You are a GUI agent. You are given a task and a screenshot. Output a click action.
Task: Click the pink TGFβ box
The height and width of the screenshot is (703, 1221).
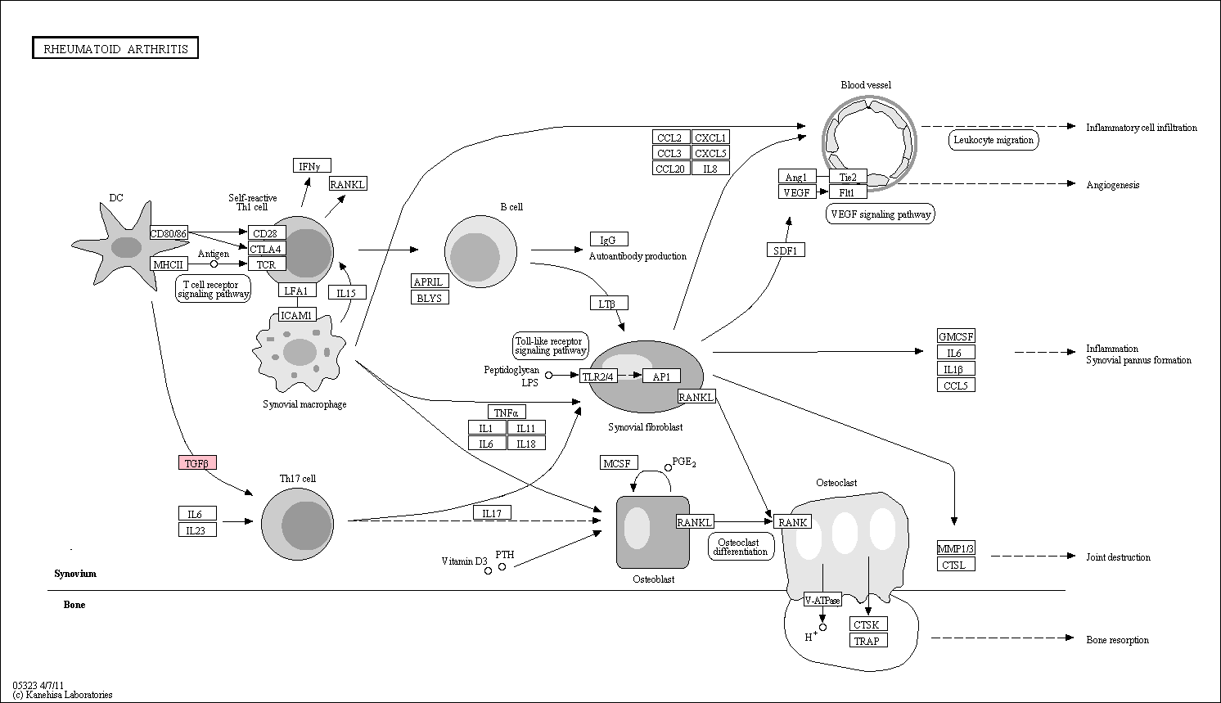(197, 462)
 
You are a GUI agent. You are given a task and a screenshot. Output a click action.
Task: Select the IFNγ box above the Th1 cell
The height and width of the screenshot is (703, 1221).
(312, 165)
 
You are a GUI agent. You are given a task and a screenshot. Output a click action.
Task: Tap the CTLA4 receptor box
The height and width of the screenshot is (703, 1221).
(267, 249)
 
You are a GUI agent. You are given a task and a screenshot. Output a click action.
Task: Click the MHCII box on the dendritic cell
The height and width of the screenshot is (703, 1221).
(169, 264)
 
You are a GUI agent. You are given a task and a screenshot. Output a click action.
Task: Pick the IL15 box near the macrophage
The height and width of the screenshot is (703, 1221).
(347, 293)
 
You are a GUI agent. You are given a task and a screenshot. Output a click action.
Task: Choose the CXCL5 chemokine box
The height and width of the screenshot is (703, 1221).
(710, 153)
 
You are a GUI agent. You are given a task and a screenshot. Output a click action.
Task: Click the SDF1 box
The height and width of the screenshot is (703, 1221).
(786, 250)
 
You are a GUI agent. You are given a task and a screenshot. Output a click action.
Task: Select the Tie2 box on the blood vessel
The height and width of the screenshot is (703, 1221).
(848, 177)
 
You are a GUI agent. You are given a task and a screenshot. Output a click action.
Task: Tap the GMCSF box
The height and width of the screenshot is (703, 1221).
(956, 336)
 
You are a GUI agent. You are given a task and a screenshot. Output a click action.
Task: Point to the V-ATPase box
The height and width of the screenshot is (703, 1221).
(822, 600)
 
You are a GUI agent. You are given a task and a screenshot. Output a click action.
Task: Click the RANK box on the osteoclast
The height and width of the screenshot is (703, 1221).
(792, 522)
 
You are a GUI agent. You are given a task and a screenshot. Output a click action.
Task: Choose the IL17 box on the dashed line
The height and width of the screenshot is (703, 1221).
(492, 513)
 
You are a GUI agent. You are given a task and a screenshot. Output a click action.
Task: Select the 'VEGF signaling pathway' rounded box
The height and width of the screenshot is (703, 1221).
(881, 214)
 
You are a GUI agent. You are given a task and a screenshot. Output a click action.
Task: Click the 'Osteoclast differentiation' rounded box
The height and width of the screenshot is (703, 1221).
(741, 547)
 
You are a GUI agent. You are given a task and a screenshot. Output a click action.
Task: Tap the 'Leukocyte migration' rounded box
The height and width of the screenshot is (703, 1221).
(993, 140)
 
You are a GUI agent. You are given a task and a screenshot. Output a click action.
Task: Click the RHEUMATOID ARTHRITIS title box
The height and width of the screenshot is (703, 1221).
(115, 48)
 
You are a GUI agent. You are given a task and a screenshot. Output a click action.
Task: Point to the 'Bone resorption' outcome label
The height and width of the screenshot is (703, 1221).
(1117, 640)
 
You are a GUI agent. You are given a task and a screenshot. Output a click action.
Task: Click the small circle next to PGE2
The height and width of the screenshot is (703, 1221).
(668, 467)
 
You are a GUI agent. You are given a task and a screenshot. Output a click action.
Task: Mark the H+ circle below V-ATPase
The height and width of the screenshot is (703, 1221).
(822, 627)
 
